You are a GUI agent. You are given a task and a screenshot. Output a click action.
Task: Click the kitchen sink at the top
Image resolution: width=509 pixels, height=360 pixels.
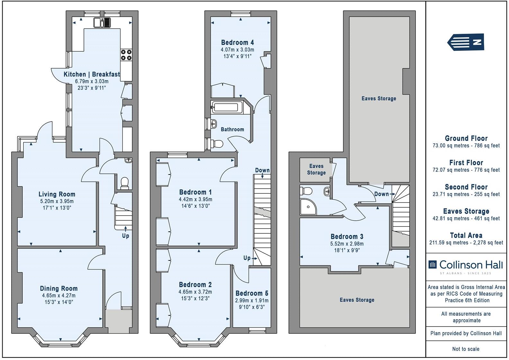click(102, 22)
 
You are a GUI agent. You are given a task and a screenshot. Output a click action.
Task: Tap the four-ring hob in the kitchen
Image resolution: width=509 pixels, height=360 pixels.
click(126, 55)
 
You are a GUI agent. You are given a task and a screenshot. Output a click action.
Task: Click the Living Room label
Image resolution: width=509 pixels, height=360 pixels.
click(57, 194)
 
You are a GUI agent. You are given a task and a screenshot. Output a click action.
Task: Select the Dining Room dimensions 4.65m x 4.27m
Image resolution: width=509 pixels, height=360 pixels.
click(58, 295)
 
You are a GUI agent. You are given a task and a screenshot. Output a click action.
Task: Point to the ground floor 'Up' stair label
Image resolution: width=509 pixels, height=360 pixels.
click(125, 236)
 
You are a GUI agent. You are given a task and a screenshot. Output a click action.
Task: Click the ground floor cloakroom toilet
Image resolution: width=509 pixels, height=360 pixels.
click(124, 183)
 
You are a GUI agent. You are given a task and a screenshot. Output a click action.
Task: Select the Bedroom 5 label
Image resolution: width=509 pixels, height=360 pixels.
click(252, 293)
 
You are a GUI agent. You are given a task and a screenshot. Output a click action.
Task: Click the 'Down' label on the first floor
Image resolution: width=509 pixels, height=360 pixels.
click(262, 170)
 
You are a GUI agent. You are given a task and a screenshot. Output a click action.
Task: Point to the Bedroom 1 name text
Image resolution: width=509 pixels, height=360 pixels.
click(195, 192)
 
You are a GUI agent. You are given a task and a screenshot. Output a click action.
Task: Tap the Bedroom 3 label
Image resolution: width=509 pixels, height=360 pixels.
click(347, 237)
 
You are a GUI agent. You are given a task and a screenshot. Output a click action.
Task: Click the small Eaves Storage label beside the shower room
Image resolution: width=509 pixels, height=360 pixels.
click(316, 169)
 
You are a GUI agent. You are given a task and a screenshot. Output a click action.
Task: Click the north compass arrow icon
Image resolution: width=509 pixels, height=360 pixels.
click(466, 42)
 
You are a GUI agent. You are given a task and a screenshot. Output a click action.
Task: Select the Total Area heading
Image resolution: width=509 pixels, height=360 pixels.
click(466, 235)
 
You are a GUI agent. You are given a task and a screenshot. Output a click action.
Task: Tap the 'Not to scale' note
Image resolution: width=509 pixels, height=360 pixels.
click(466, 349)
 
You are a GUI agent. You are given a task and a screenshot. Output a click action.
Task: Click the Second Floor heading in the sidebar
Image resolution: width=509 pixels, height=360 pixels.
click(466, 187)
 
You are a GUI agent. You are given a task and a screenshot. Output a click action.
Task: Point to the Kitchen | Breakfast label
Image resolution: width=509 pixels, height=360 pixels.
click(92, 74)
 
